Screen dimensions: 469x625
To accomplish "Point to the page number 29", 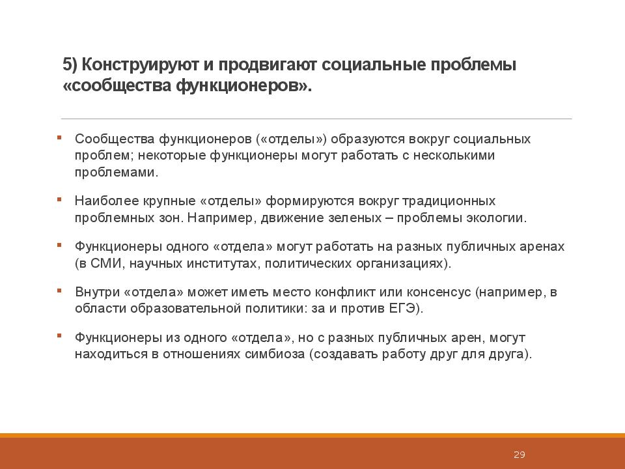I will click(519, 454).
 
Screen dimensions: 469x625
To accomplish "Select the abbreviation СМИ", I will click(105, 263).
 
